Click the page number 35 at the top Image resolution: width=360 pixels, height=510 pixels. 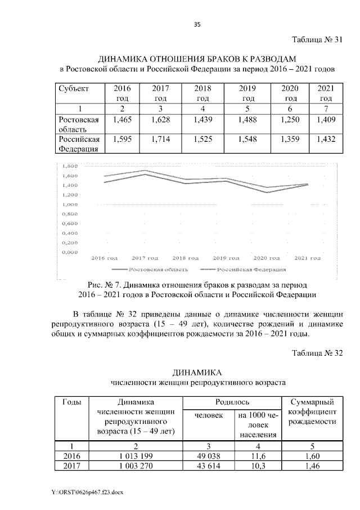[197, 24]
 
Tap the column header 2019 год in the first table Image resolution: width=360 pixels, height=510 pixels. [247, 93]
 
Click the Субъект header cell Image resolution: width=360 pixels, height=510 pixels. [73, 89]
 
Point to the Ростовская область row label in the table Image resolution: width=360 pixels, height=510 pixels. [79, 124]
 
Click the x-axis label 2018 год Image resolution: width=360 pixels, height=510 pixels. [186, 258]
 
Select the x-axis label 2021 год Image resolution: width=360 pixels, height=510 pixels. [307, 258]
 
